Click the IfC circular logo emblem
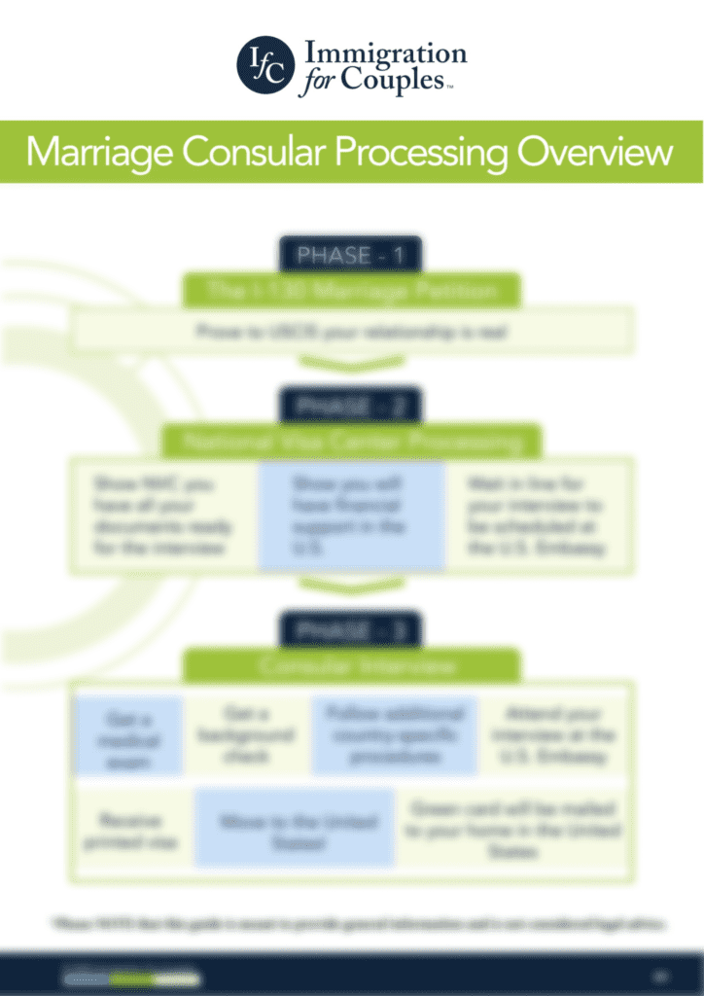pos(265,65)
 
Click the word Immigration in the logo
pos(386,53)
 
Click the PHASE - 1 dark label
pos(350,256)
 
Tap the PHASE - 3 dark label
pos(350,630)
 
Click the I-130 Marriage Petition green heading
pos(350,290)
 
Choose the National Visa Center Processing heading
pos(350,443)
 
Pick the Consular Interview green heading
pos(350,666)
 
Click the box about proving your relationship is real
pos(350,333)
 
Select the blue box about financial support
pos(350,516)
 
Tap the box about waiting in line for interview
pos(536,516)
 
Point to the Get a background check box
pos(245,736)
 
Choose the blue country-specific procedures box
pos(393,736)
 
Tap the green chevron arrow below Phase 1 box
pos(350,365)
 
